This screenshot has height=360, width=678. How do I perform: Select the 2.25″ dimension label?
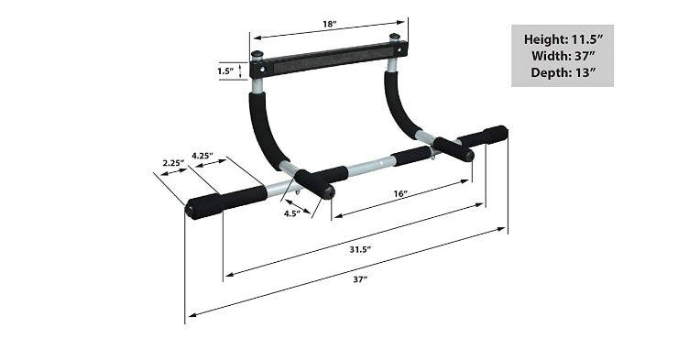172,163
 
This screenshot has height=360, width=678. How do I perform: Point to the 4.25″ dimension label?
202,156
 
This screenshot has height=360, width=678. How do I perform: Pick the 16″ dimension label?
399,193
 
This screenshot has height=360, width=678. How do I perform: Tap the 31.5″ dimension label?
362,248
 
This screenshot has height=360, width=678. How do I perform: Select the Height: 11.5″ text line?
562,39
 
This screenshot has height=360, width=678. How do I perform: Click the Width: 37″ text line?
562,56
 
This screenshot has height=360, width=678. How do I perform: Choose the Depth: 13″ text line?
562,72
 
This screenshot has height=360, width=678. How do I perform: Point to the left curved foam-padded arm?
265,128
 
